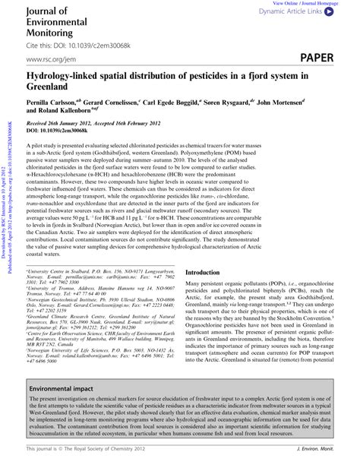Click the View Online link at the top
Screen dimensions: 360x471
tap(284, 4)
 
